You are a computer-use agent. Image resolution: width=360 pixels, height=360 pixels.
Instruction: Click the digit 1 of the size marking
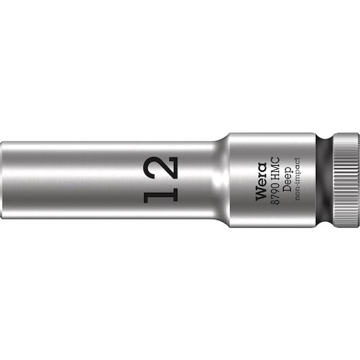pos(161,194)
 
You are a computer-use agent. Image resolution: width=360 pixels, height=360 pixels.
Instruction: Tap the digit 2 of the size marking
pos(161,168)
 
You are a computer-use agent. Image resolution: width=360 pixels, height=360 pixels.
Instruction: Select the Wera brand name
pos(261,181)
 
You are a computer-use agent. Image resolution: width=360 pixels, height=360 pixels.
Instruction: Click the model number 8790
pos(275,193)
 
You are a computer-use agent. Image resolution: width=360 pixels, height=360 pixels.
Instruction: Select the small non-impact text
pos(298,179)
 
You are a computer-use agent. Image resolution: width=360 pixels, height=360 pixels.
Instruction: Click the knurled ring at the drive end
pos(346,180)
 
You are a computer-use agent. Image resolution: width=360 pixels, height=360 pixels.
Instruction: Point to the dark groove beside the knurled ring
pos(324,180)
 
